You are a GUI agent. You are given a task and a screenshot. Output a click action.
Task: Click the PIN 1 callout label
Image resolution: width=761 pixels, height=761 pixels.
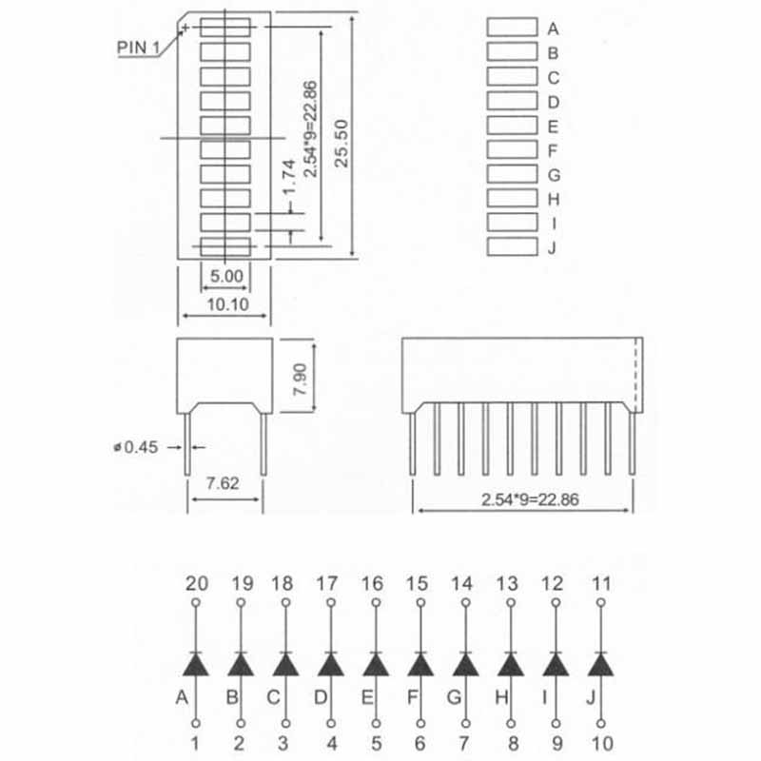coord(138,48)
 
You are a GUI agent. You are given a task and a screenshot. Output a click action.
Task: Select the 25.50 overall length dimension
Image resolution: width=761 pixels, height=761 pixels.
coord(341,144)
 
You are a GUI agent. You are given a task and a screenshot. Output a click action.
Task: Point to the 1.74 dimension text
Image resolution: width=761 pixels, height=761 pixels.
coord(289,177)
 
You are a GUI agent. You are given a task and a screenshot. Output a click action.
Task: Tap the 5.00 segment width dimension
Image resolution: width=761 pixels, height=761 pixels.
coord(226,276)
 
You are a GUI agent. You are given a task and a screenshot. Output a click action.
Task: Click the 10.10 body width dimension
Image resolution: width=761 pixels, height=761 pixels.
coord(227,304)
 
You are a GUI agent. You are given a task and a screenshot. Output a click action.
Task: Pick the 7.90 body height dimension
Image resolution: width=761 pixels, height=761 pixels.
coord(300,379)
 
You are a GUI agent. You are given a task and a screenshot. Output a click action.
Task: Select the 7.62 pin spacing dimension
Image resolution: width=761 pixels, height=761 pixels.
coord(223,483)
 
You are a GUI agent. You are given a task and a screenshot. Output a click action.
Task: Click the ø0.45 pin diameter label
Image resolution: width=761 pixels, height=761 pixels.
coord(136,447)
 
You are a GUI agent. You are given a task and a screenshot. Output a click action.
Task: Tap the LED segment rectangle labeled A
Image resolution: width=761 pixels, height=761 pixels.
coord(512,28)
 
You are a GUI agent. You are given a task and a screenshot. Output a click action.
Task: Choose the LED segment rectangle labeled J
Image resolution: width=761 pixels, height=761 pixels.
coord(512,246)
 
